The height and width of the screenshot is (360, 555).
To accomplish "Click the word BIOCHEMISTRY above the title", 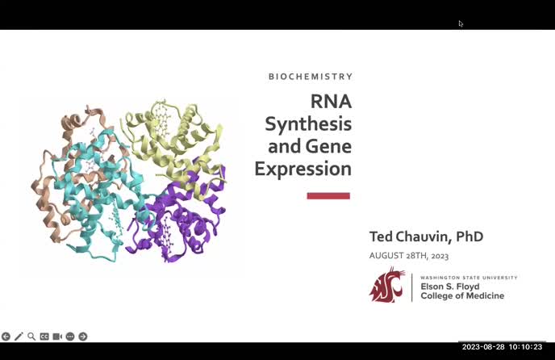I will click(311, 77).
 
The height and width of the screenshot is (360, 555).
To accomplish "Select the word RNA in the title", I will click(331, 102).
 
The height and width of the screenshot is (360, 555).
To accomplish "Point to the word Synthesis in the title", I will click(308, 124).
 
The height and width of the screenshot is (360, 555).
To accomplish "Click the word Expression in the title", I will click(303, 170).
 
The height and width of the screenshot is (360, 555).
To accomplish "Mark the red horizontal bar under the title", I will click(328, 195).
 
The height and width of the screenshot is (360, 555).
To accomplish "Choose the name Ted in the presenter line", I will click(382, 237).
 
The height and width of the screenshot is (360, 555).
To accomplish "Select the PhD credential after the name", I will click(469, 237).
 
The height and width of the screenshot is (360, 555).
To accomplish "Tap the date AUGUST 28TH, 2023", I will click(408, 256).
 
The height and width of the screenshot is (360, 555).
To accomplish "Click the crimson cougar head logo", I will click(387, 284).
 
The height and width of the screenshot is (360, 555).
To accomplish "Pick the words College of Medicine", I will click(462, 296).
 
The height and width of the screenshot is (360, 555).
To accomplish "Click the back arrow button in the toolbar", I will click(6, 337).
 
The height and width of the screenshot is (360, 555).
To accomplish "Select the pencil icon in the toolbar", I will click(19, 337).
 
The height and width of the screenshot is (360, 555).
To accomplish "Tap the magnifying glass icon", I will click(31, 337).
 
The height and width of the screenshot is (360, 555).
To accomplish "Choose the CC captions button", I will click(44, 337).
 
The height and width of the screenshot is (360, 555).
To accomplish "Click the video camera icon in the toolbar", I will click(57, 337).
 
